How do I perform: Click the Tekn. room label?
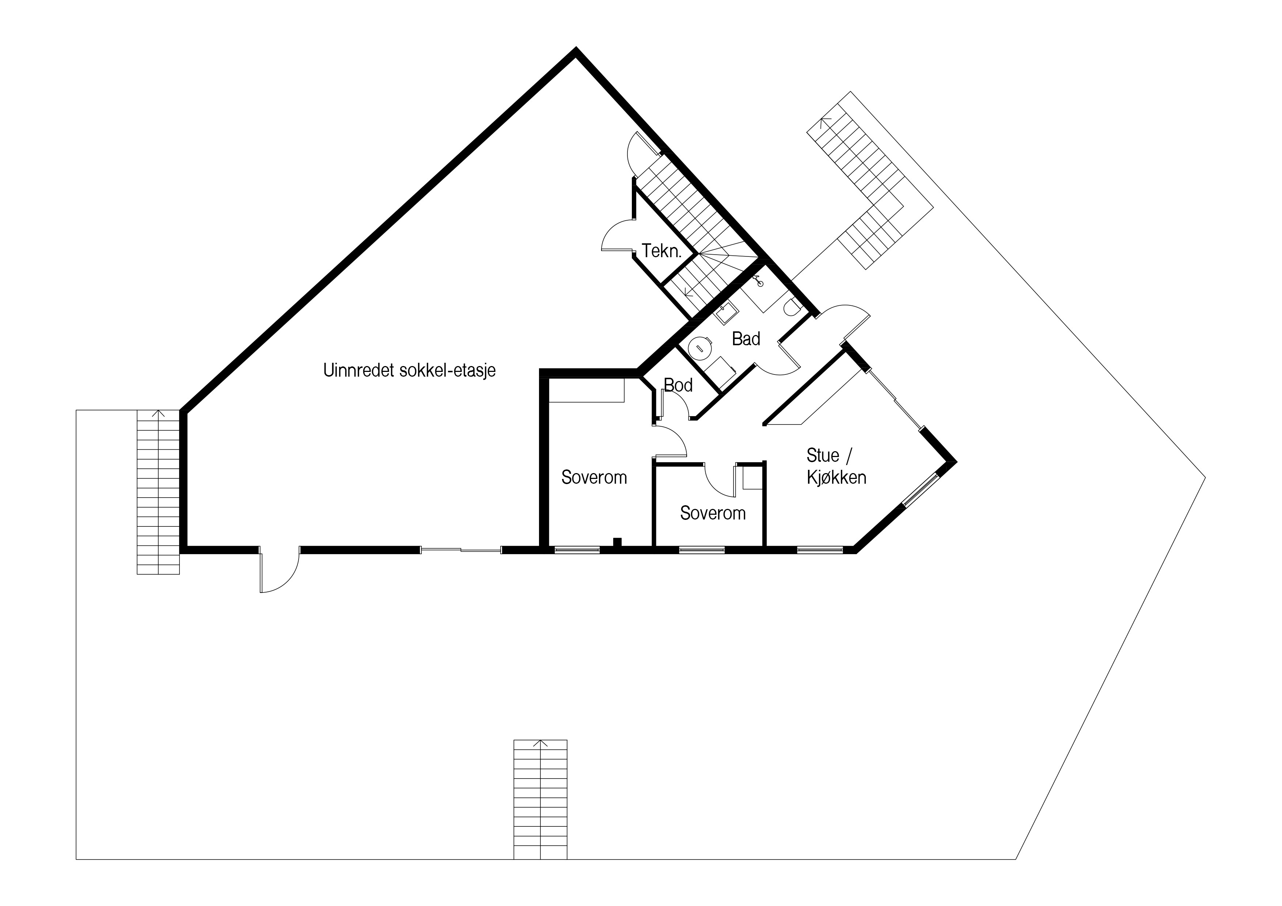coord(662,251)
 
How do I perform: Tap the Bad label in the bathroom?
coord(746,339)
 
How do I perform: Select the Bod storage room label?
coord(678,385)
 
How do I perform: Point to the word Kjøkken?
coord(837,478)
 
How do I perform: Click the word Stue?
coord(823,456)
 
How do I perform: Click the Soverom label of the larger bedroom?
coord(594,478)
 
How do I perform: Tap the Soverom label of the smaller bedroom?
coord(713,514)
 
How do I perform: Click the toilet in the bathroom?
coord(792,307)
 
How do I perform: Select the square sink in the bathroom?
coord(726,314)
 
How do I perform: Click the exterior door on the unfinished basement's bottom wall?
coord(280,571)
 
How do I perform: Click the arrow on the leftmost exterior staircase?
coord(159,414)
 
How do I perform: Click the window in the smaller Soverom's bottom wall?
coord(702,550)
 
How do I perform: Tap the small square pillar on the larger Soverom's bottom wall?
coord(617,541)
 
